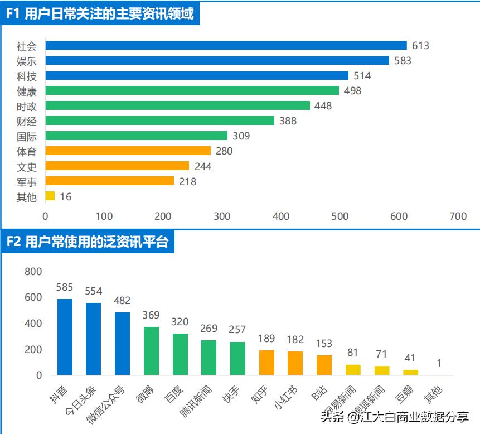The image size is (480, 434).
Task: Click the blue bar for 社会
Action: click(x=226, y=45)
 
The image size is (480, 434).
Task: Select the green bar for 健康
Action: click(x=192, y=90)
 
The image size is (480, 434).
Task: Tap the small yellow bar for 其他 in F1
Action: click(x=50, y=196)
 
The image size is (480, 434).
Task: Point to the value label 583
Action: click(x=403, y=60)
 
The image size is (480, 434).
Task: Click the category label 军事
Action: click(x=27, y=181)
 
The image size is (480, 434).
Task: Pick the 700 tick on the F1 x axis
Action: click(x=458, y=216)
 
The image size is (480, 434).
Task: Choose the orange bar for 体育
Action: click(x=128, y=151)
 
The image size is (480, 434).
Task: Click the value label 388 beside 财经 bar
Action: click(x=288, y=120)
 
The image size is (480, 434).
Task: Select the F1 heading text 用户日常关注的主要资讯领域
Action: click(x=109, y=14)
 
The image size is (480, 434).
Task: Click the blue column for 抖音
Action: click(x=65, y=337)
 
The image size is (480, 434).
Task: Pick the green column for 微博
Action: click(x=151, y=351)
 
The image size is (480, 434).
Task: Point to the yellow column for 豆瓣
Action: click(x=410, y=372)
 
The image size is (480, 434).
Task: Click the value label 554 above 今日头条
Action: click(x=93, y=291)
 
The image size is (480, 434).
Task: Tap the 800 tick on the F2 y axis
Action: click(x=33, y=272)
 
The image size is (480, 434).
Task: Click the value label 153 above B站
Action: click(x=324, y=343)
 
